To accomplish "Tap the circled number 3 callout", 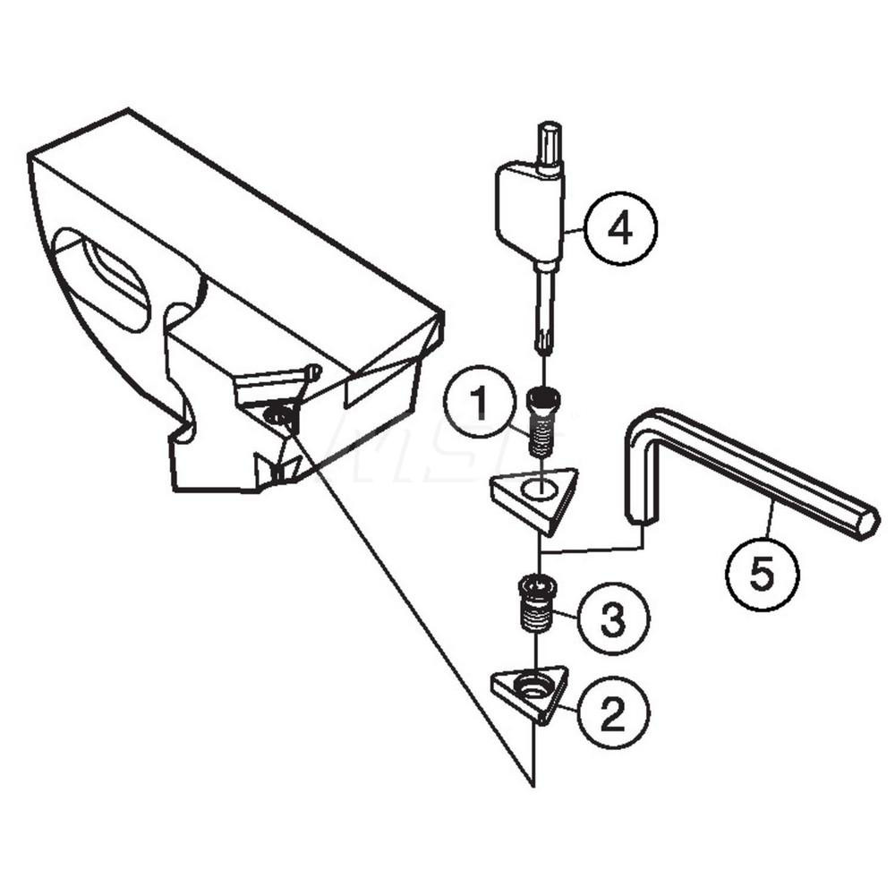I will tap(613, 618).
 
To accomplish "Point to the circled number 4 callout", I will tap(620, 230).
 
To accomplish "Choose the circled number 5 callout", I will tap(761, 575).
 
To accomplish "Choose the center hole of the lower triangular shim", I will tap(534, 686).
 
